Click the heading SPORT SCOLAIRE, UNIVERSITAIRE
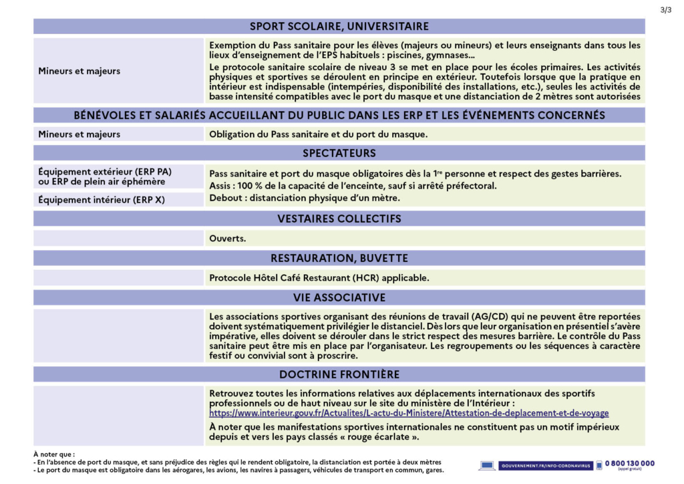339,27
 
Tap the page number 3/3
665,9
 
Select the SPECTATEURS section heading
339,154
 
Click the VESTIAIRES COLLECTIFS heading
339,219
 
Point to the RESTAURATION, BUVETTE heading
339,258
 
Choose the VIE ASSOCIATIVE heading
339,297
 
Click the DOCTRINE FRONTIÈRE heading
339,374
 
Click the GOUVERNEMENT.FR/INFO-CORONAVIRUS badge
536,465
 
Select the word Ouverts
228,239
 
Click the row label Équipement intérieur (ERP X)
102,199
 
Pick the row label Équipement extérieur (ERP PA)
105,171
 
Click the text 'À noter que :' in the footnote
54,455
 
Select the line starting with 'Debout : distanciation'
305,199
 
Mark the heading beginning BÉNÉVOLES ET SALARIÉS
339,115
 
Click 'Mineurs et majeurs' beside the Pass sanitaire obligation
79,134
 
